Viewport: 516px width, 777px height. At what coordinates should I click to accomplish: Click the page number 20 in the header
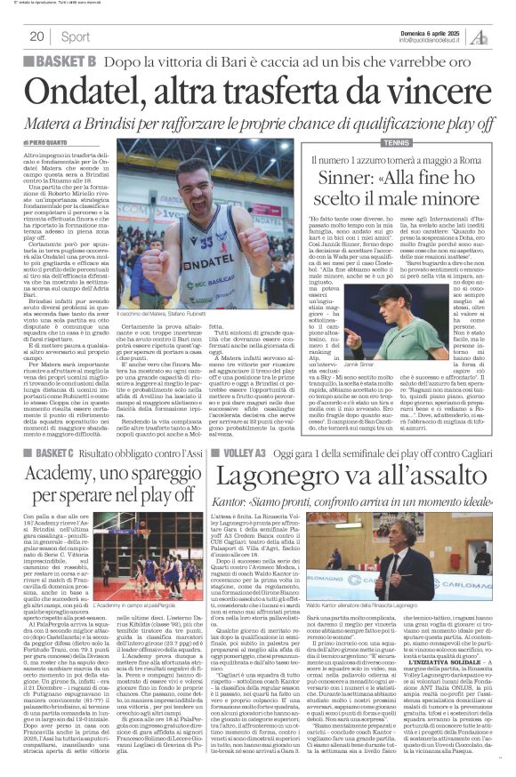click(x=37, y=36)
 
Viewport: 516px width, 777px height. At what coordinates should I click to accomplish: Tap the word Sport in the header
click(x=77, y=36)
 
